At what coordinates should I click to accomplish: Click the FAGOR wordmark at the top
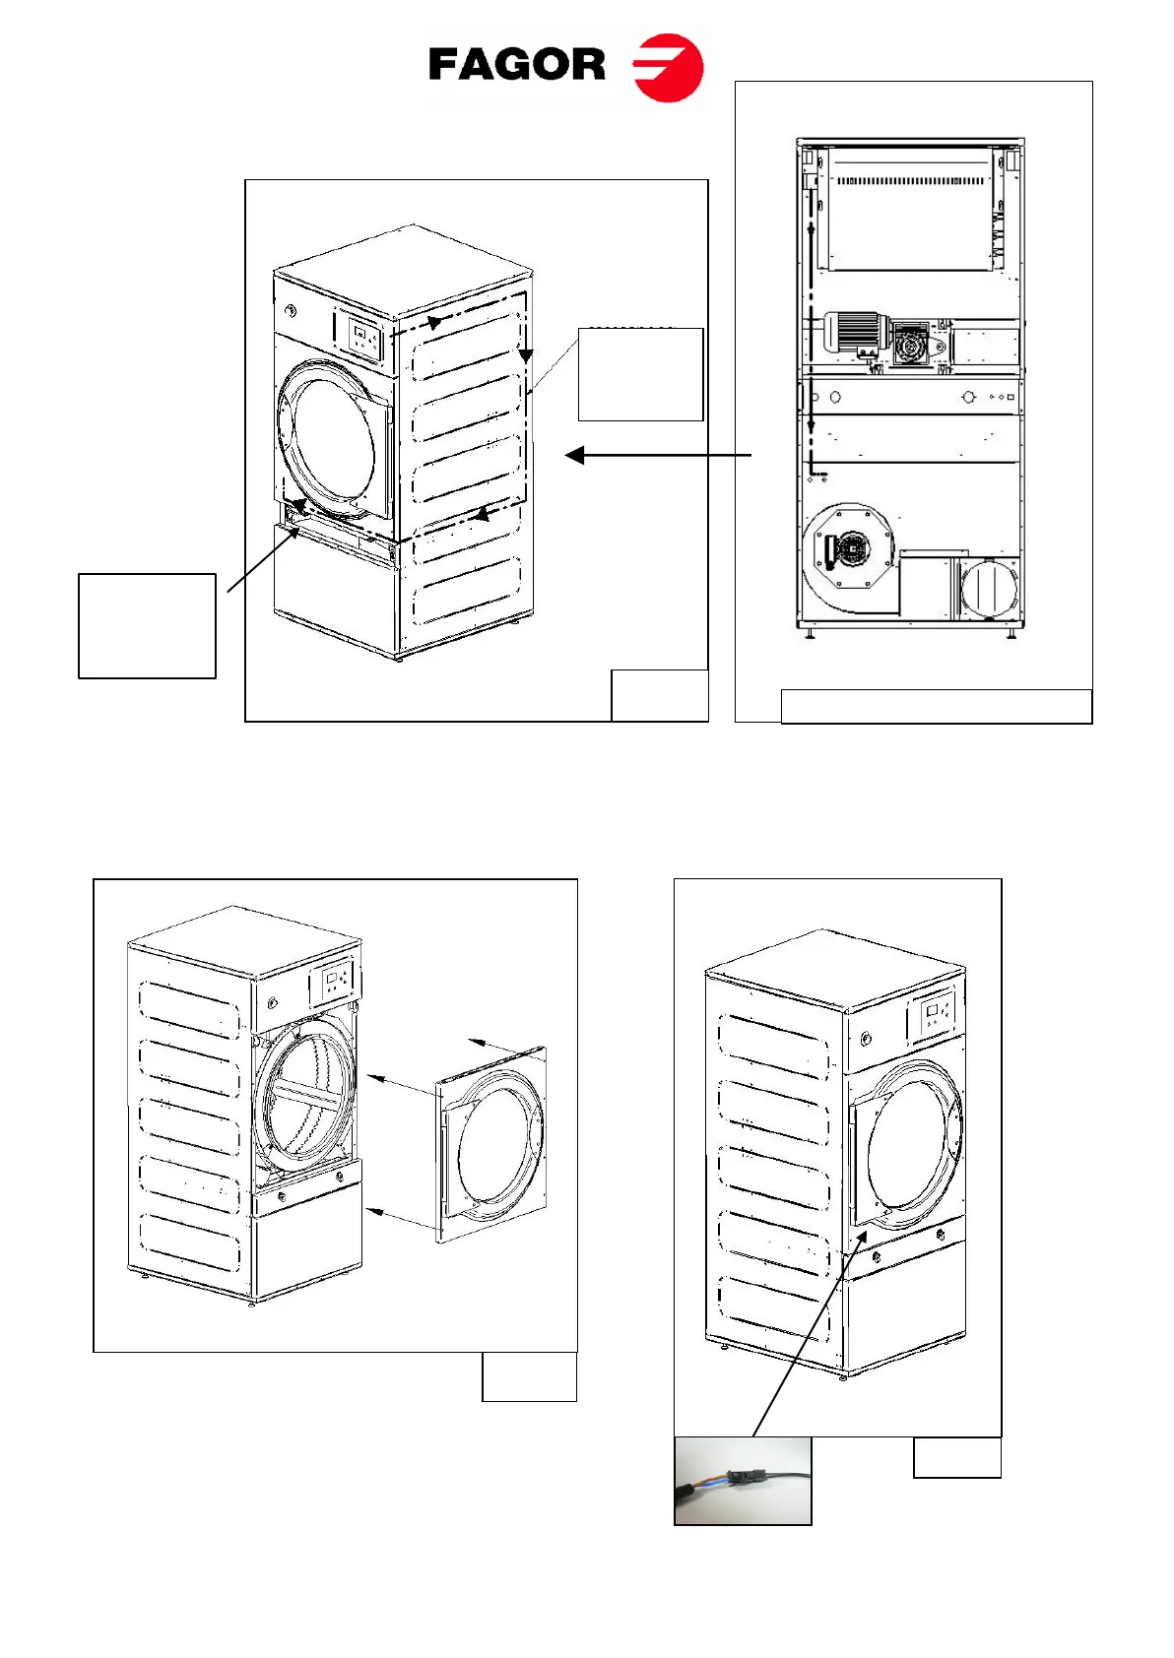click(517, 65)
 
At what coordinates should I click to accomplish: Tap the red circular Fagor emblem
click(669, 68)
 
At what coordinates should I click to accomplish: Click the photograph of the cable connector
click(743, 1481)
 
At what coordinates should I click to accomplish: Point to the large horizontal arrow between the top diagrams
click(658, 455)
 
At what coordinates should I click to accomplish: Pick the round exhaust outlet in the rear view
click(988, 589)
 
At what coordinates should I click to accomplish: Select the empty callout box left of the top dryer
click(147, 626)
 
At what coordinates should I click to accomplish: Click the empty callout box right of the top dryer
click(640, 375)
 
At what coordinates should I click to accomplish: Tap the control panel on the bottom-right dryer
click(937, 1015)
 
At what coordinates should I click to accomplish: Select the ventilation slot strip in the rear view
click(909, 181)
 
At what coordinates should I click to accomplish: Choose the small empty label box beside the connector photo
click(956, 1458)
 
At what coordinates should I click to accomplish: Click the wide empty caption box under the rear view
click(936, 707)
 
